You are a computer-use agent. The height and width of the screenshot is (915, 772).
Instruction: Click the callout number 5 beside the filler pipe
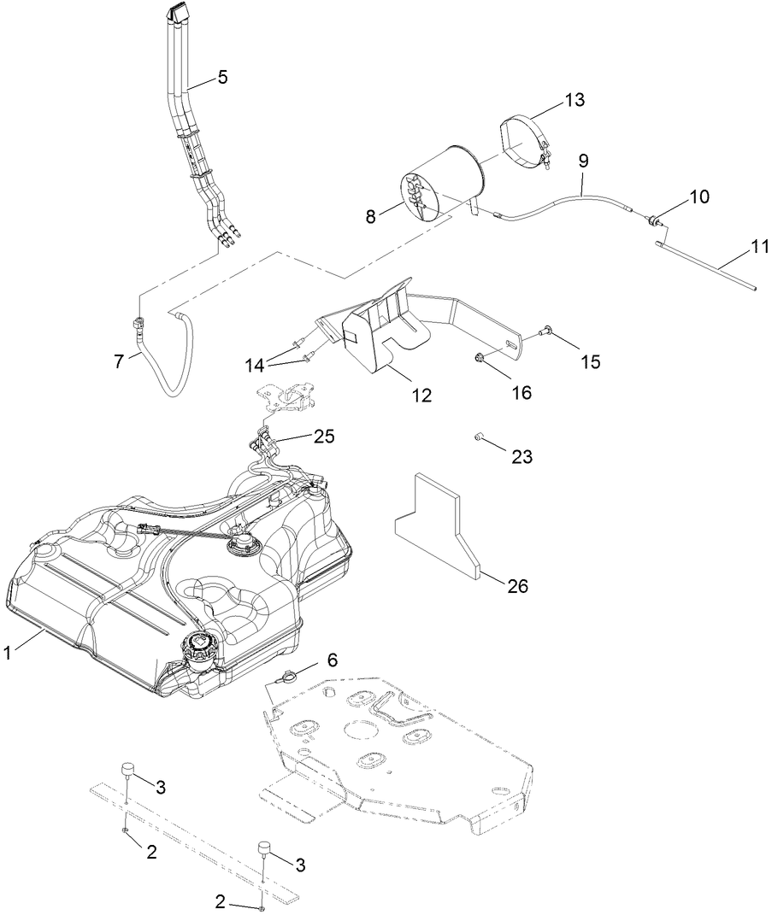(x=221, y=77)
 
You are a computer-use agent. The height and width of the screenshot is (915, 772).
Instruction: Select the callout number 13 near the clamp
(x=574, y=100)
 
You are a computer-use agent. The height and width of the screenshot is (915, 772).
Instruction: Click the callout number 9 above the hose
(x=583, y=160)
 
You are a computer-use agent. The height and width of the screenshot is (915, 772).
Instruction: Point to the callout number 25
(x=323, y=437)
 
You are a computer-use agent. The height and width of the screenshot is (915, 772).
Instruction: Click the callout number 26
(x=517, y=586)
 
